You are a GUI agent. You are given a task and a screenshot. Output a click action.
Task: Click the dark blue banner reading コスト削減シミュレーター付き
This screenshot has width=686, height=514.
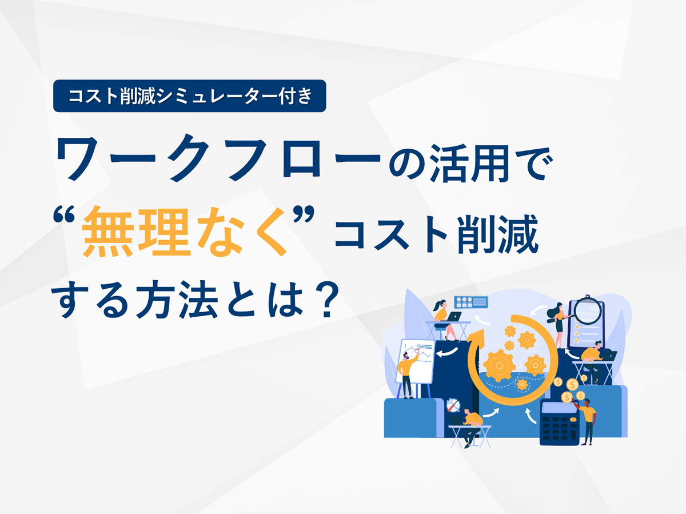tap(190, 96)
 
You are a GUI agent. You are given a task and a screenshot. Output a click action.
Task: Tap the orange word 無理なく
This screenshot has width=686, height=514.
tap(185, 231)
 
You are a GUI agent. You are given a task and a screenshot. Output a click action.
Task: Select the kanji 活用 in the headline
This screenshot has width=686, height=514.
tap(473, 163)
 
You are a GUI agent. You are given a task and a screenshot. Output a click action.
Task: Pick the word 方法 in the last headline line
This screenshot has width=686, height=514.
tap(177, 300)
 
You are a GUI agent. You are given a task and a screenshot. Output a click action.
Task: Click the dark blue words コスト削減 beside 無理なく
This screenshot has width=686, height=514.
tap(436, 234)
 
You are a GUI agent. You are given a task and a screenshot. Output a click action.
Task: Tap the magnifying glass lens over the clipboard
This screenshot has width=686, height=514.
tap(588, 311)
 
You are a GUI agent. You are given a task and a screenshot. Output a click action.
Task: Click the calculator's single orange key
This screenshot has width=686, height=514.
tap(573, 435)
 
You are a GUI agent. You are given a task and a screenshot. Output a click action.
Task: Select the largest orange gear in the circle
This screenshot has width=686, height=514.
tap(499, 365)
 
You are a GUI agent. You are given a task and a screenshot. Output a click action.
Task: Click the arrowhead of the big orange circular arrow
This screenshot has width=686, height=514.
tap(477, 337)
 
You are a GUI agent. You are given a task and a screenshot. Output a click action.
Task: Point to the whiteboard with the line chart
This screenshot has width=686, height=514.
tap(416, 361)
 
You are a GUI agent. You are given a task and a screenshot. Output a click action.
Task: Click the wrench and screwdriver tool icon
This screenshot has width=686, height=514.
tap(453, 405)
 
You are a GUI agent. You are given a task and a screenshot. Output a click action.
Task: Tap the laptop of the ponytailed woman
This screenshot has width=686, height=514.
tap(454, 317)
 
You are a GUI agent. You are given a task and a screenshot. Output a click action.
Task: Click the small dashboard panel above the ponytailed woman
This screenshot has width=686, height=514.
tap(471, 302)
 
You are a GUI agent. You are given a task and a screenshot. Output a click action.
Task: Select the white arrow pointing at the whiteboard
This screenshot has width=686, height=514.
tap(447, 352)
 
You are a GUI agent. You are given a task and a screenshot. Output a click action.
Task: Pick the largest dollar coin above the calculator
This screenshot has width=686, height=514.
tap(572, 385)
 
